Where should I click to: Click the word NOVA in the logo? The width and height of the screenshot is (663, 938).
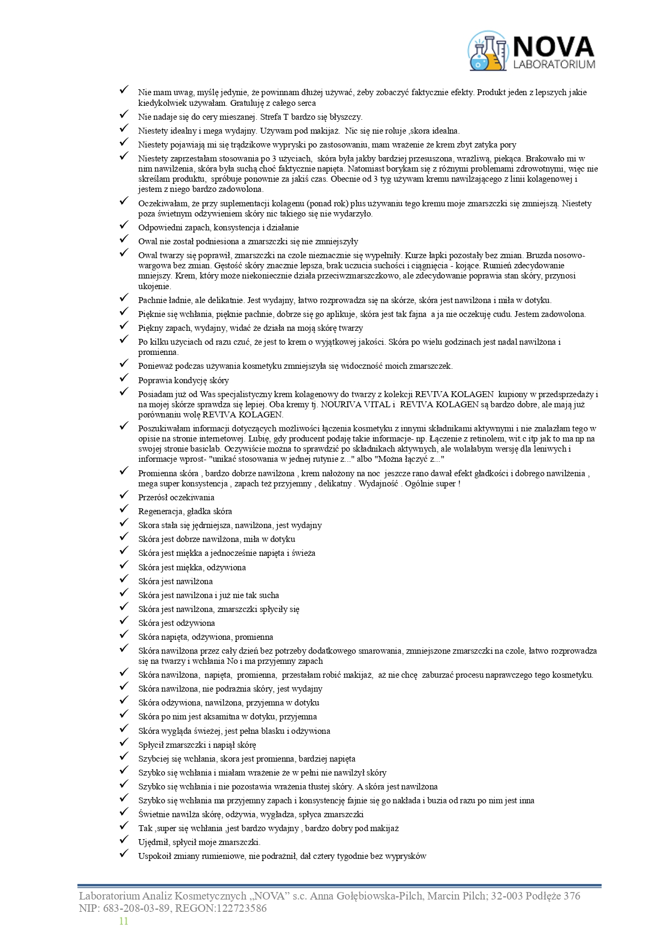(553, 46)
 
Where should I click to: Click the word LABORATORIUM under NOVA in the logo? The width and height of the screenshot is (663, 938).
(553, 65)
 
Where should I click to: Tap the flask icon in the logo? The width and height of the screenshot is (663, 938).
(488, 52)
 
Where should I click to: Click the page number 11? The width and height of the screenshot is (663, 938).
(123, 921)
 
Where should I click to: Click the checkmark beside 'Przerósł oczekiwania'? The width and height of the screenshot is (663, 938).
(124, 496)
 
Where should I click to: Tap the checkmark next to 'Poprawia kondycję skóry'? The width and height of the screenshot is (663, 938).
(124, 379)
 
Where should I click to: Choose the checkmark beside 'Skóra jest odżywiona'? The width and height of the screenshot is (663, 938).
(124, 622)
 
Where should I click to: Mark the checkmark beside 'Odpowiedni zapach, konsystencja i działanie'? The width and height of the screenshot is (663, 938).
(124, 226)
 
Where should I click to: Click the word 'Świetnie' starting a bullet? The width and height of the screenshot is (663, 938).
(153, 815)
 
